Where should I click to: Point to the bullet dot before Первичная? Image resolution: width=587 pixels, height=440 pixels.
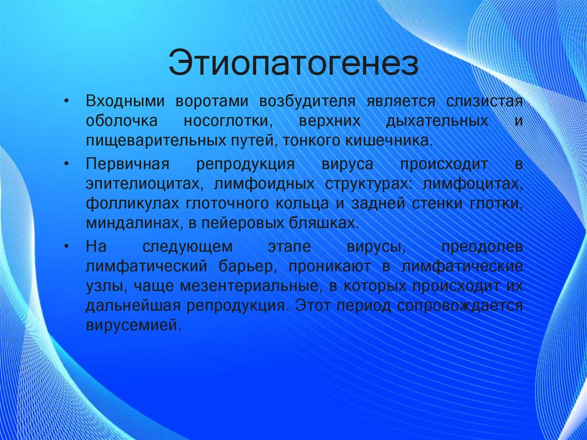click(67, 164)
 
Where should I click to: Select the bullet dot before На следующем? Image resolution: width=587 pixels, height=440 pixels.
click(67, 247)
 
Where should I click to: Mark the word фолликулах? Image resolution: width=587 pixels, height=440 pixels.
click(131, 204)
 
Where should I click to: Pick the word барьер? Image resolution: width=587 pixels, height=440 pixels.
click(249, 267)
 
